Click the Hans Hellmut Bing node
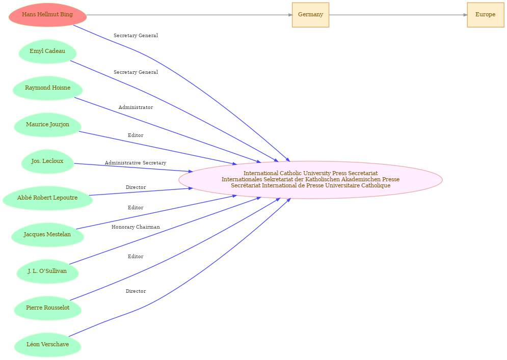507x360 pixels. [x=47, y=15]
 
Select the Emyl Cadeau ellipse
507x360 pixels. [x=47, y=51]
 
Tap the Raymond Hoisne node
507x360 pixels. [x=47, y=88]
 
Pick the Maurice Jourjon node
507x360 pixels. [x=47, y=125]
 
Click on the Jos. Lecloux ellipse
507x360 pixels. [x=47, y=161]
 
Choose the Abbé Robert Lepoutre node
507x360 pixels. [x=47, y=198]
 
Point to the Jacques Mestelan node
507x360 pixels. [x=47, y=235]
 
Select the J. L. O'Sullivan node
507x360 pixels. [x=47, y=271]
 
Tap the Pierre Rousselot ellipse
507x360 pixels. [x=47, y=308]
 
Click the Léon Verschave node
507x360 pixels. [x=47, y=345]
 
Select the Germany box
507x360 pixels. [x=310, y=15]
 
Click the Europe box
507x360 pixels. [x=485, y=15]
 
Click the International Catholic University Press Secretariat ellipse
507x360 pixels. [x=310, y=180]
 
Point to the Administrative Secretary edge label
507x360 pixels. [x=136, y=163]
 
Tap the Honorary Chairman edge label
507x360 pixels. [x=136, y=227]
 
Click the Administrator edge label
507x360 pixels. [x=136, y=107]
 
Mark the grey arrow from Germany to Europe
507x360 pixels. [x=398, y=15]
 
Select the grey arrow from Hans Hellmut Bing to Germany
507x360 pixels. [x=190, y=15]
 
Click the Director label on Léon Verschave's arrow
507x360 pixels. [x=136, y=291]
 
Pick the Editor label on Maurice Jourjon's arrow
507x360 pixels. [x=136, y=135]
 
